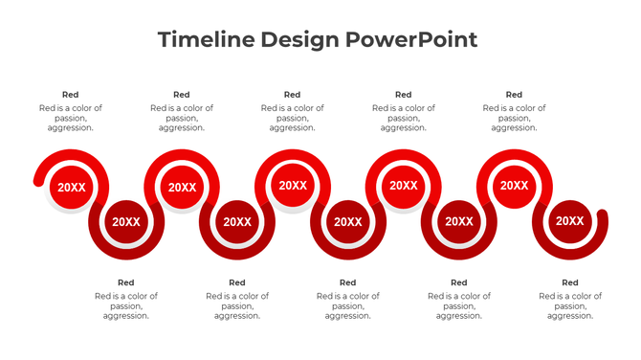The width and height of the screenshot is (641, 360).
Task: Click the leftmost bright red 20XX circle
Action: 71,188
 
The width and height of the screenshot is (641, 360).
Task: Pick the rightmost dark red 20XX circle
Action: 570,221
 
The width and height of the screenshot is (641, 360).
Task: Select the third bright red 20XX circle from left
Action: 293,186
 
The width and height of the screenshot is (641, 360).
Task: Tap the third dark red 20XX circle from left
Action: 348,221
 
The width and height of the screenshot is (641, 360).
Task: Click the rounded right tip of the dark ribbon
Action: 602,215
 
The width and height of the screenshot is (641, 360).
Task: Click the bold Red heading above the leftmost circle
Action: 71,95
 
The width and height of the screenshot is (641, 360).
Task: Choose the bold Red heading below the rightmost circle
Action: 570,282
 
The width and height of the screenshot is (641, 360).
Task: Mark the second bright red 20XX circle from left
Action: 182,188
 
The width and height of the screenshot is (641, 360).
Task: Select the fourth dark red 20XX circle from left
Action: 459,221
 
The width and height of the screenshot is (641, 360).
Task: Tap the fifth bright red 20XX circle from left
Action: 515,186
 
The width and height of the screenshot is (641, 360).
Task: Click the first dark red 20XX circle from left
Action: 126,221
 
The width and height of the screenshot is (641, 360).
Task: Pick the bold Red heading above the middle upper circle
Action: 293,95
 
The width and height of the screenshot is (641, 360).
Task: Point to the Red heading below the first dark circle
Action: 126,282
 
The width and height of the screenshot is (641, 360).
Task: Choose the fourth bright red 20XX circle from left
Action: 404,186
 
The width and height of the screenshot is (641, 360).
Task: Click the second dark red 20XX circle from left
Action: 237,221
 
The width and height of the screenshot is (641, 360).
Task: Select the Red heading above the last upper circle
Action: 515,95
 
